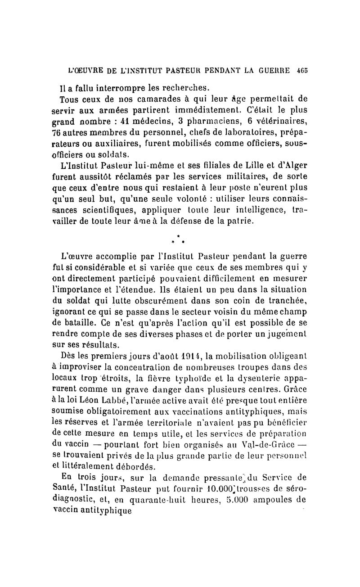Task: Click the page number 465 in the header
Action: click(302, 71)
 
